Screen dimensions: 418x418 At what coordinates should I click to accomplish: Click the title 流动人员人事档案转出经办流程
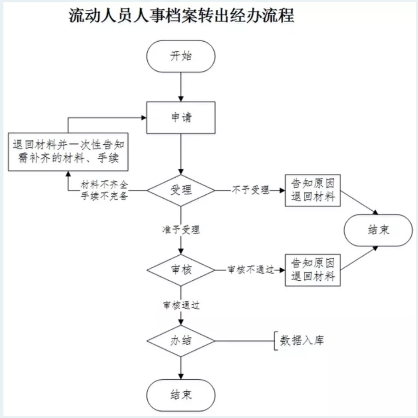pyautogui.click(x=181, y=16)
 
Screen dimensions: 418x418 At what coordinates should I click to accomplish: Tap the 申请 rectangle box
pyautogui.click(x=181, y=118)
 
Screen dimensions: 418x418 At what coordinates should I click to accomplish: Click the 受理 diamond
pyautogui.click(x=181, y=190)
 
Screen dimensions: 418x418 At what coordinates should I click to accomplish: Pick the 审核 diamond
pyautogui.click(x=181, y=270)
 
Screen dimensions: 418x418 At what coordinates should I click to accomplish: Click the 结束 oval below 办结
pyautogui.click(x=181, y=395)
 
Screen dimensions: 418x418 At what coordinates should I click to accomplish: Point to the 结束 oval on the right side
pyautogui.click(x=378, y=230)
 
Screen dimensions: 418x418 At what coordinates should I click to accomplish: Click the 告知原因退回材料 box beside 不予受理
pyautogui.click(x=313, y=190)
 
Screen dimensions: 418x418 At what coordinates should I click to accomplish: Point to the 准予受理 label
pyautogui.click(x=181, y=230)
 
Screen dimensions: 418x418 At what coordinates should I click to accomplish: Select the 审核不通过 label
pyautogui.click(x=251, y=270)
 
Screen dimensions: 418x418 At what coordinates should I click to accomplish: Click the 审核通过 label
pyautogui.click(x=181, y=306)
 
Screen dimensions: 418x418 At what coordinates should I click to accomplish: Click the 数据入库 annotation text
pyautogui.click(x=302, y=341)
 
